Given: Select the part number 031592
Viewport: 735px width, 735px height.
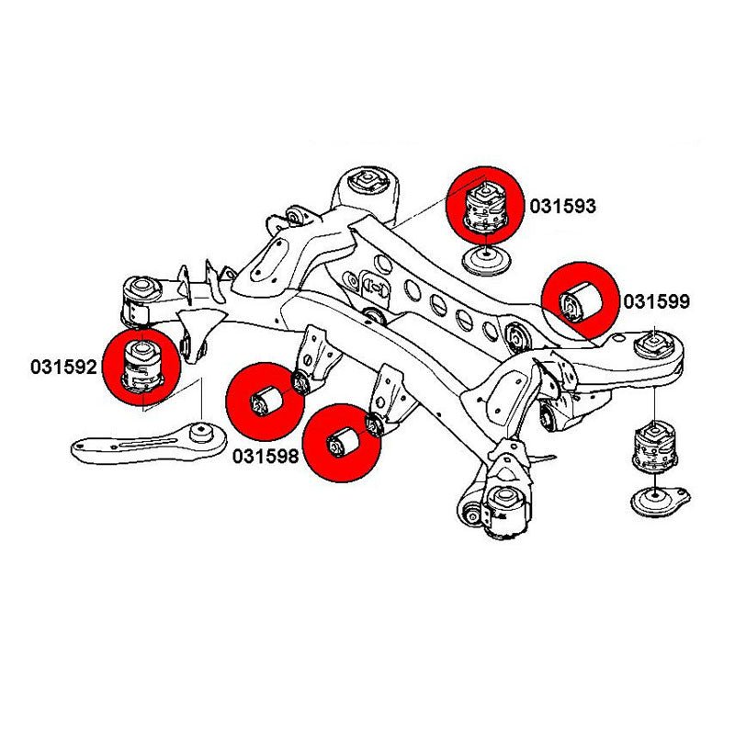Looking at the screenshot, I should tap(62, 367).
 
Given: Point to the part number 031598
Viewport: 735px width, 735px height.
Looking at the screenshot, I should tap(266, 455).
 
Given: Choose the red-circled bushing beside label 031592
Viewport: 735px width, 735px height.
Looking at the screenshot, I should tap(143, 365).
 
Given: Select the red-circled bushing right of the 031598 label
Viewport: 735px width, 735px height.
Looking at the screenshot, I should tap(344, 442).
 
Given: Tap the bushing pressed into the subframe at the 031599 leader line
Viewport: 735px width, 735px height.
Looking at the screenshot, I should tap(516, 335).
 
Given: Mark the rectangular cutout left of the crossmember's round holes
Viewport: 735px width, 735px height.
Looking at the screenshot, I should tap(376, 286).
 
